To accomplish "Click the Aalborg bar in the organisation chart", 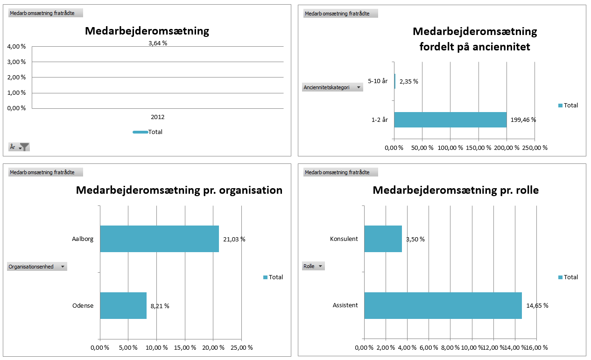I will click(x=159, y=239).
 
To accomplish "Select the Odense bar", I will click(x=123, y=306).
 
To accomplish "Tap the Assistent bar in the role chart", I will click(x=443, y=306).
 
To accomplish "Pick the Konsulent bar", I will click(x=383, y=239).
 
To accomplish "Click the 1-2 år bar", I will click(x=450, y=120).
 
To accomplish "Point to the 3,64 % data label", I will click(x=158, y=43).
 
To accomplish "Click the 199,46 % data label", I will click(x=523, y=120).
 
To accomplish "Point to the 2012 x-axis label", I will click(x=158, y=117).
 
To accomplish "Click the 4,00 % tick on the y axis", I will click(x=16, y=47).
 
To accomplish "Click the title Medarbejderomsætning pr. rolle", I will click(x=456, y=191).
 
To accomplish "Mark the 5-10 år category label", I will click(x=378, y=81).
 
